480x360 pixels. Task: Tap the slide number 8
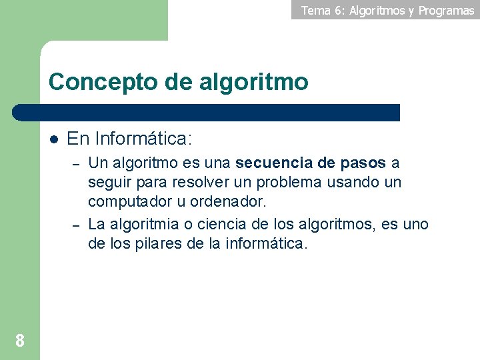(19, 341)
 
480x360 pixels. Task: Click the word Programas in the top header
(446, 10)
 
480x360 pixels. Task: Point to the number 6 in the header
(338, 10)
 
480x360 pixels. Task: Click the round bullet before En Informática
(54, 139)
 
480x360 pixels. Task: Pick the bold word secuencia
(275, 163)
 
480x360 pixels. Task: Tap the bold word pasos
(363, 163)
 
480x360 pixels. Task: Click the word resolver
(198, 182)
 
